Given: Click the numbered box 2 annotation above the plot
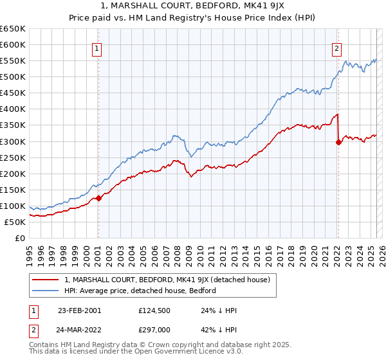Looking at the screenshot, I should coord(336,47).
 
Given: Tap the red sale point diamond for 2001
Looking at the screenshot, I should coord(98,198).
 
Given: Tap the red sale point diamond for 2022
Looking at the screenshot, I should coord(338,143).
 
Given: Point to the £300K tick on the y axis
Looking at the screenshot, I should coord(13,141).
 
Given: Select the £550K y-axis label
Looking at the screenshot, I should coord(13,61).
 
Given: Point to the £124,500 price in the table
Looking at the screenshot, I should coord(155,310).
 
